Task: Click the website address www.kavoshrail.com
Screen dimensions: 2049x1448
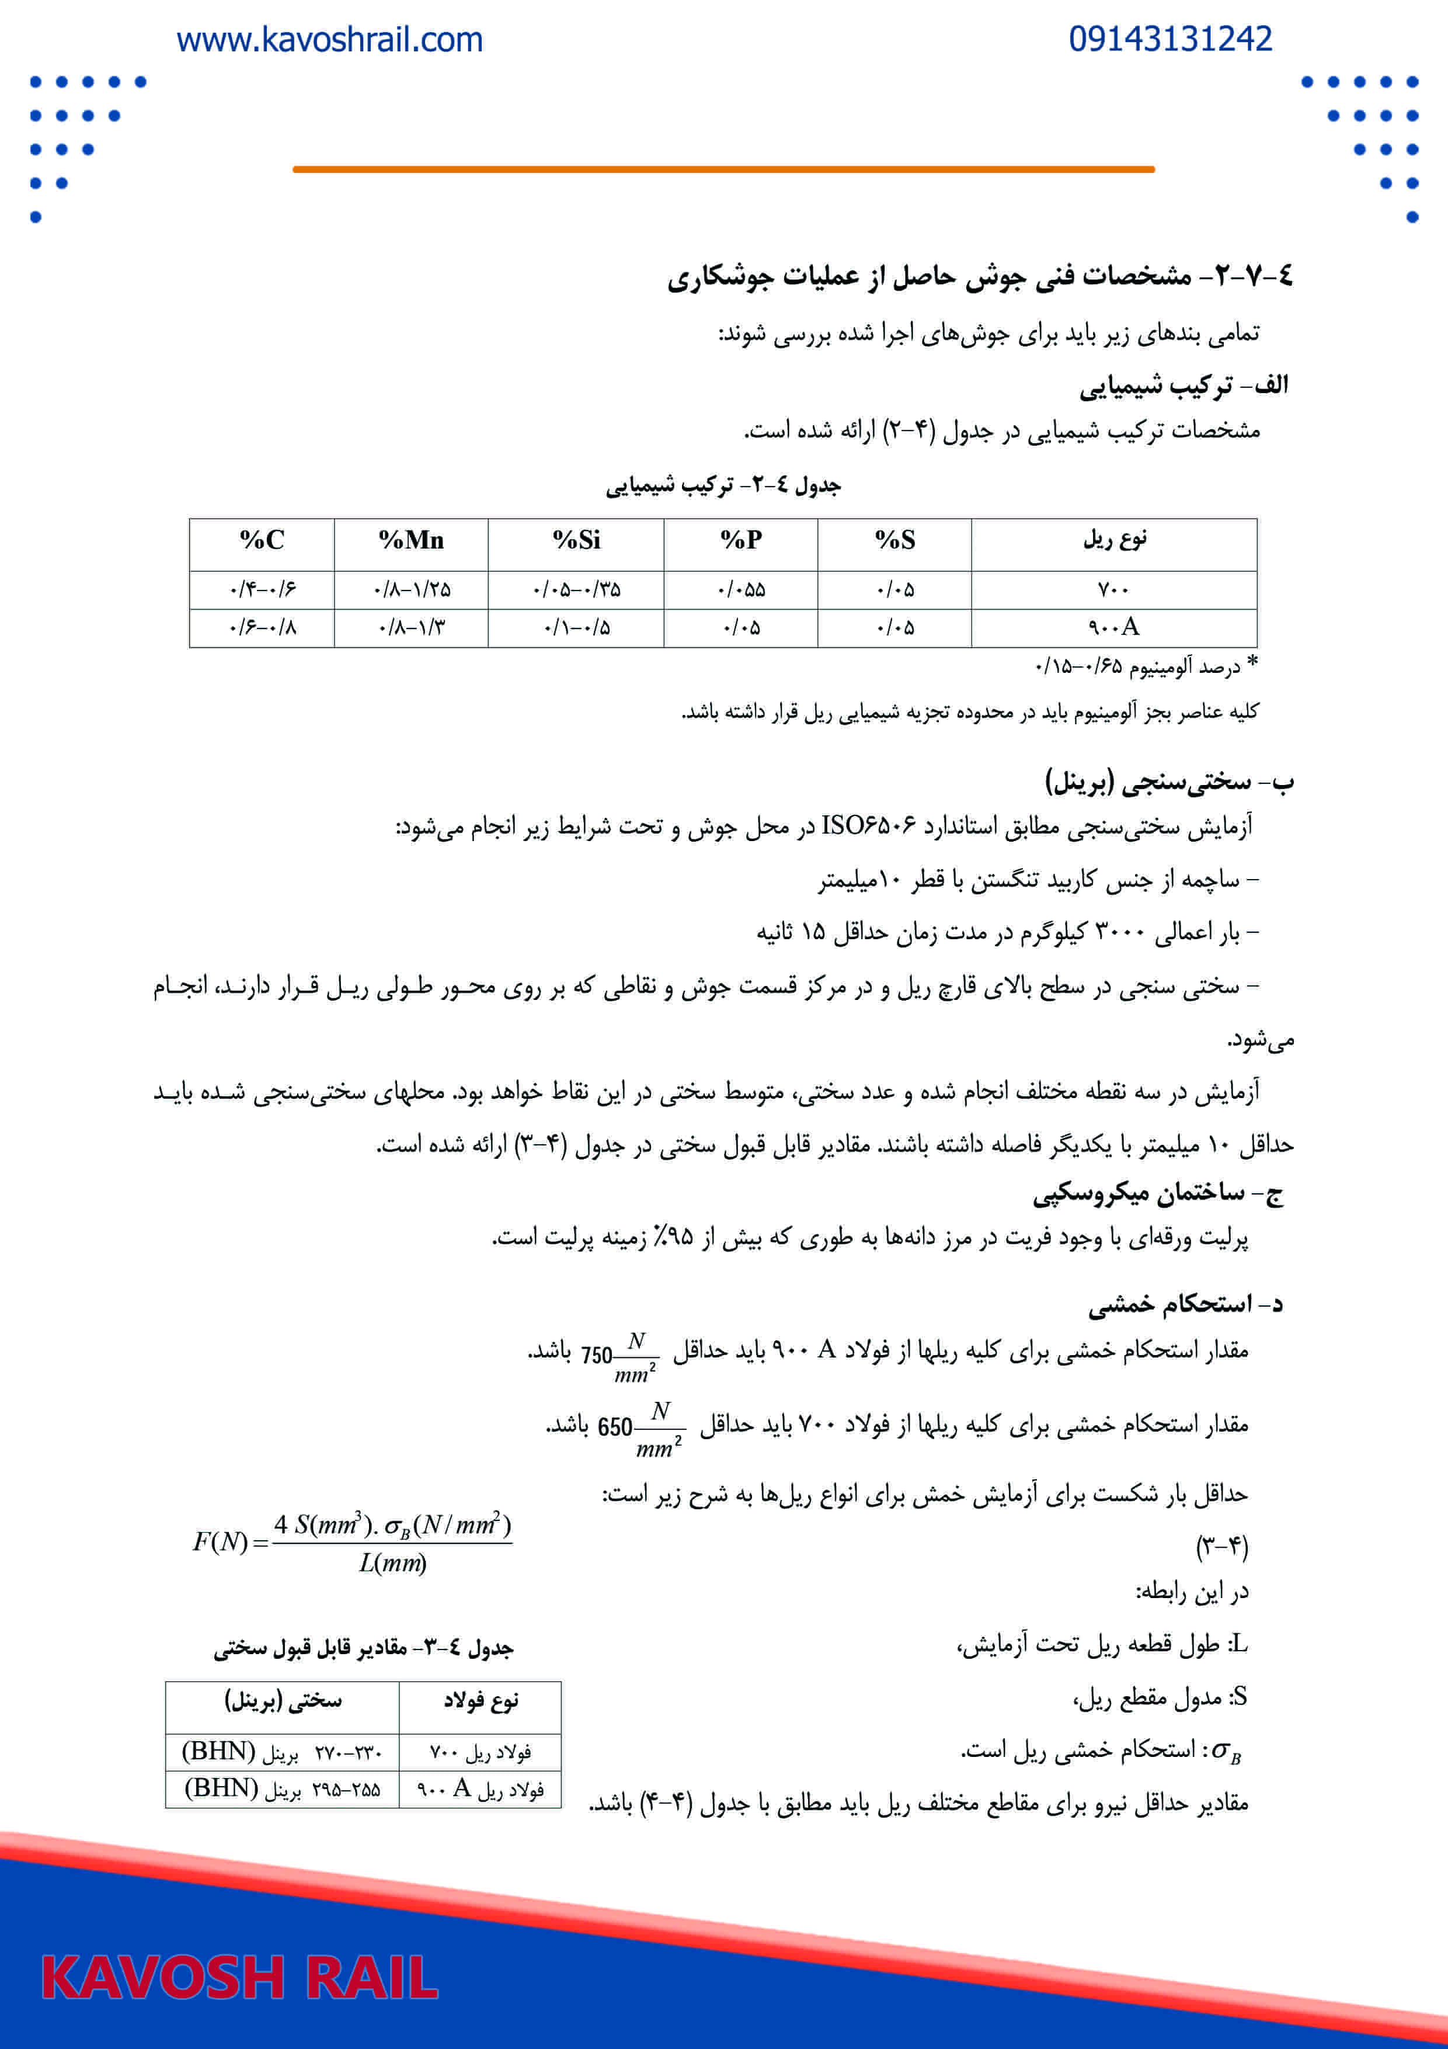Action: tap(329, 40)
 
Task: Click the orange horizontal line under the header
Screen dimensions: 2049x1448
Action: tap(723, 169)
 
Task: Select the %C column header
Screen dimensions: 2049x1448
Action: tap(262, 540)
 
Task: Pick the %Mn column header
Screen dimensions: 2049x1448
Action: tap(410, 540)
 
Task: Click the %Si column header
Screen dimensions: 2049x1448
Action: tap(576, 540)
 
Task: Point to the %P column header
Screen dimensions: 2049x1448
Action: tap(740, 540)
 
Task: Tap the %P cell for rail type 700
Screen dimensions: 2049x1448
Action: tap(740, 590)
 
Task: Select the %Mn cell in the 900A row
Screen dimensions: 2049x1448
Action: tap(410, 627)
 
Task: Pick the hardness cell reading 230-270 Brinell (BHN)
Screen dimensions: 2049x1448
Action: tap(282, 1752)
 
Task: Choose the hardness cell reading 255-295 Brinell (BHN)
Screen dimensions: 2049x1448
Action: tap(282, 1788)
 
